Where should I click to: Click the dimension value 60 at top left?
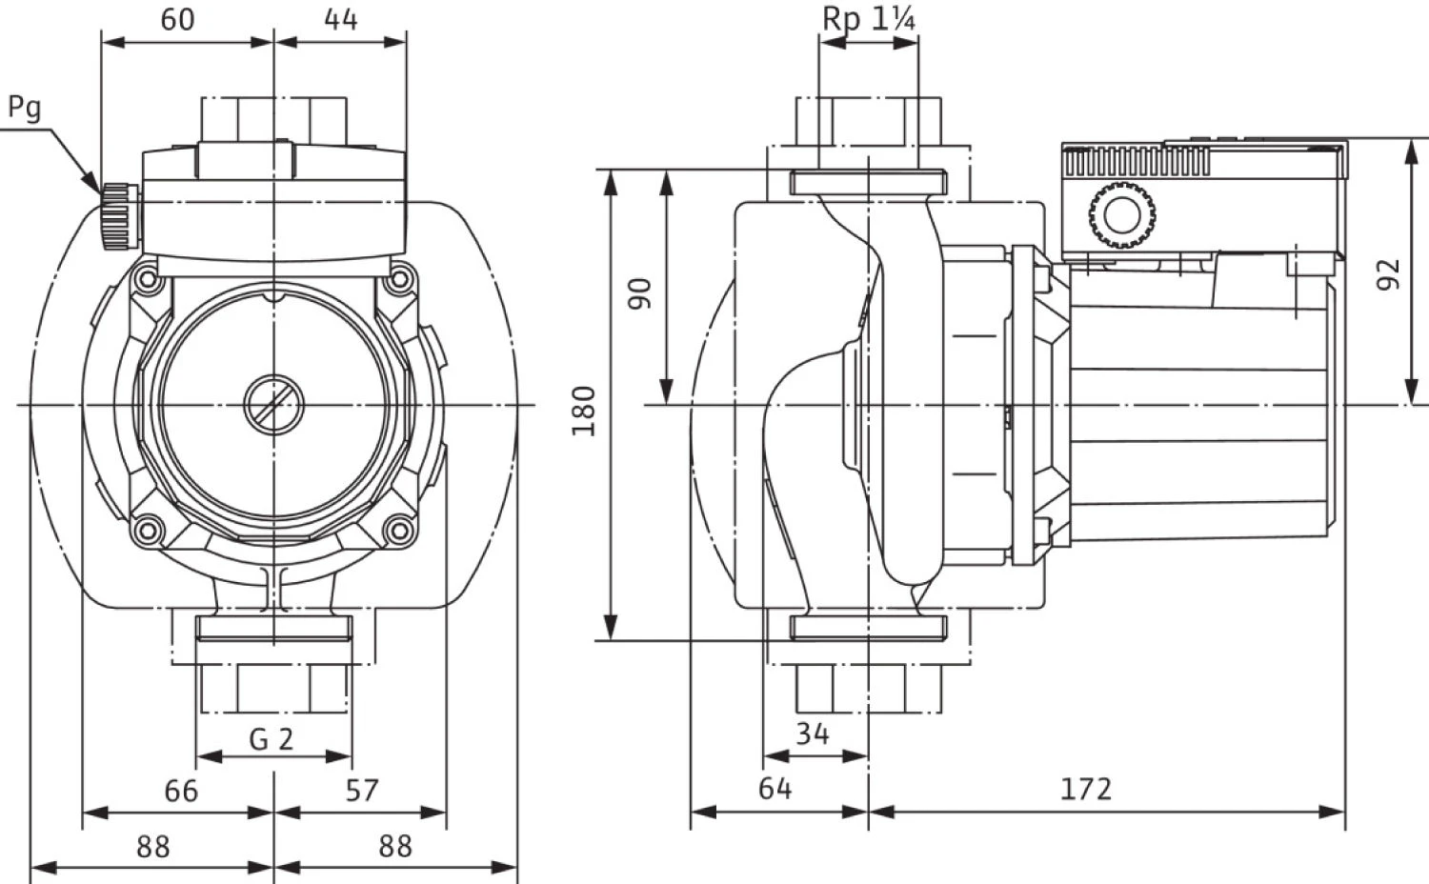point(177,19)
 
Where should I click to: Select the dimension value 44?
point(340,19)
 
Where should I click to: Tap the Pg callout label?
point(25,108)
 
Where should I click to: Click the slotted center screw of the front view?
point(273,406)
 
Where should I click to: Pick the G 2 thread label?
point(272,738)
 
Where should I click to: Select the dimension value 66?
point(181,791)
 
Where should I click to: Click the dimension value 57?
point(361,791)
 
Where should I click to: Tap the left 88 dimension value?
point(152,846)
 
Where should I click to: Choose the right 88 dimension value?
point(394,846)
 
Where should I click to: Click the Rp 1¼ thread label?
point(869,19)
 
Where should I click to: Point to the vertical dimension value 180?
point(584,411)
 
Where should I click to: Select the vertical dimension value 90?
point(641,293)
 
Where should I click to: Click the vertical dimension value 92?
point(1390,274)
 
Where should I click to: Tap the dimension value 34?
point(812,733)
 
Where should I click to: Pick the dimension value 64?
point(775,789)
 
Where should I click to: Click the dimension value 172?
point(1086,789)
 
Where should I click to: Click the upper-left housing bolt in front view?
point(146,279)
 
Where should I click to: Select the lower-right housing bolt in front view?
point(399,530)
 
